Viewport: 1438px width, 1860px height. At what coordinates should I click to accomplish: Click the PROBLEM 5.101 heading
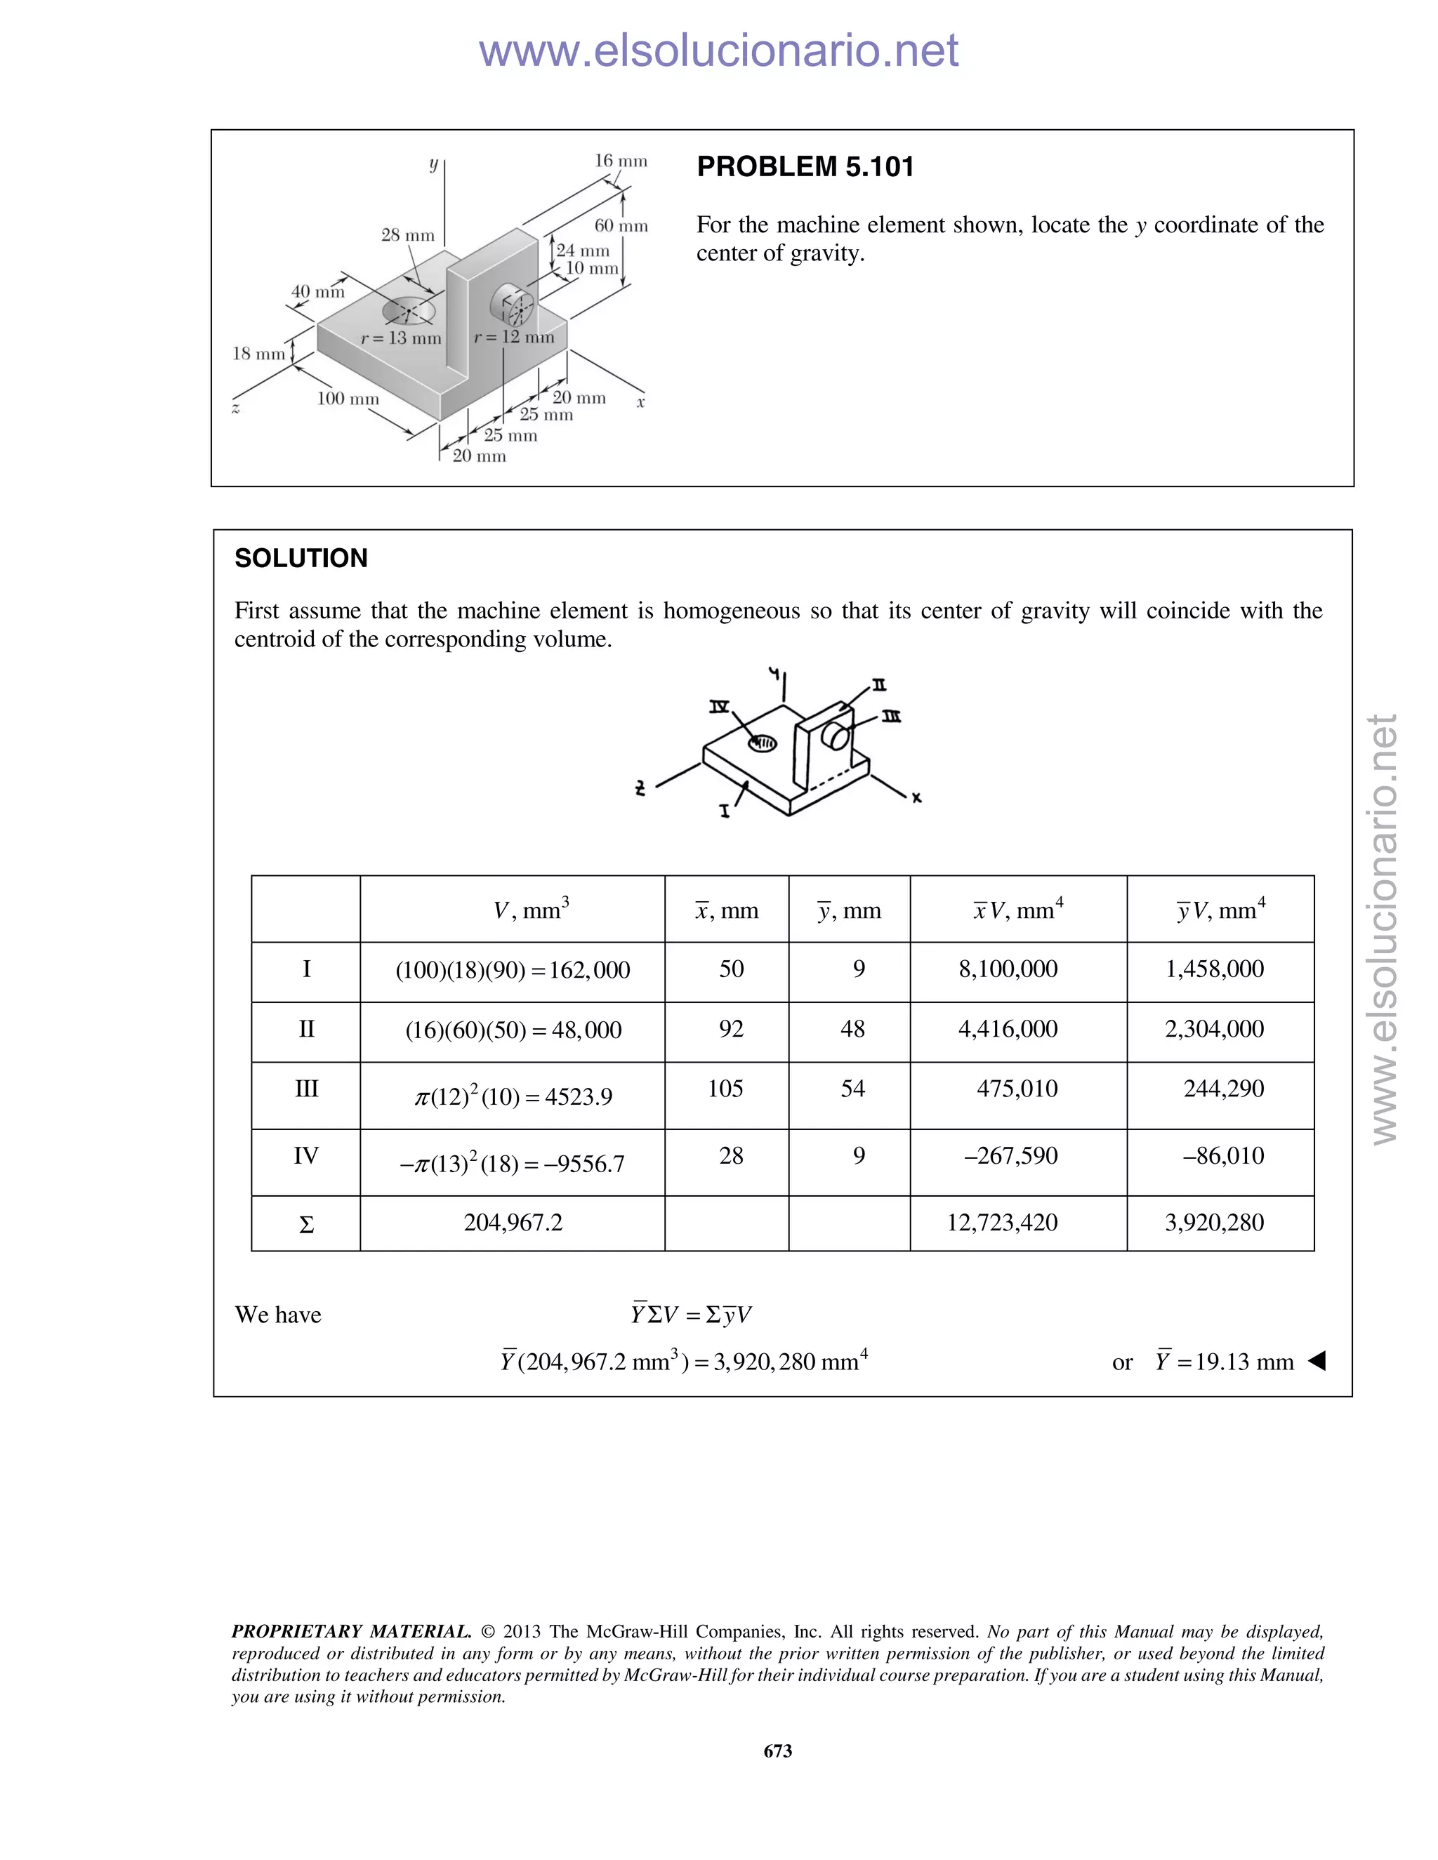[805, 166]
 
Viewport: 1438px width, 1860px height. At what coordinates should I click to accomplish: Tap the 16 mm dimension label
[620, 161]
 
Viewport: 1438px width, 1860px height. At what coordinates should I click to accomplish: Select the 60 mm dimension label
[620, 226]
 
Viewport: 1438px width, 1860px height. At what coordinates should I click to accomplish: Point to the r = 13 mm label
[401, 338]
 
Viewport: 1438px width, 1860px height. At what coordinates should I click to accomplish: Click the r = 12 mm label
[514, 336]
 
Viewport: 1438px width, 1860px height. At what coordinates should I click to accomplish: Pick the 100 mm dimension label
[348, 399]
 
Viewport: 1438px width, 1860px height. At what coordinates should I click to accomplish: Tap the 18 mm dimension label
[258, 354]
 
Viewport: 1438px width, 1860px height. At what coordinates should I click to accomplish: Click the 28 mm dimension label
[407, 235]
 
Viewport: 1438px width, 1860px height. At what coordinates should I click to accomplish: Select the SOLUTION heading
[301, 558]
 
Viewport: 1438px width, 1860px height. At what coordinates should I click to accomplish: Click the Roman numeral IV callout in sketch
[720, 706]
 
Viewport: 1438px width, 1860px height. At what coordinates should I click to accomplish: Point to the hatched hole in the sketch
[763, 743]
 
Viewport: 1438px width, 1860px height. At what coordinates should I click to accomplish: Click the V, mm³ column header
[531, 910]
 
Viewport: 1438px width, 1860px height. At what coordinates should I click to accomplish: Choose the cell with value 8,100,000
[1008, 969]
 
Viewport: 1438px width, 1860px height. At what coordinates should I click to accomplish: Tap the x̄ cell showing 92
[731, 1029]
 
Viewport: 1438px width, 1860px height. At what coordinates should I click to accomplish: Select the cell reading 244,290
[1223, 1089]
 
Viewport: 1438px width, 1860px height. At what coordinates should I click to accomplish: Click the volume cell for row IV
[512, 1163]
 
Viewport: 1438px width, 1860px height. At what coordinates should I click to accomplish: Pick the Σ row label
[306, 1225]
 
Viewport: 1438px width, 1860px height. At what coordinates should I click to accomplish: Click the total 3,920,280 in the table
[1214, 1223]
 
